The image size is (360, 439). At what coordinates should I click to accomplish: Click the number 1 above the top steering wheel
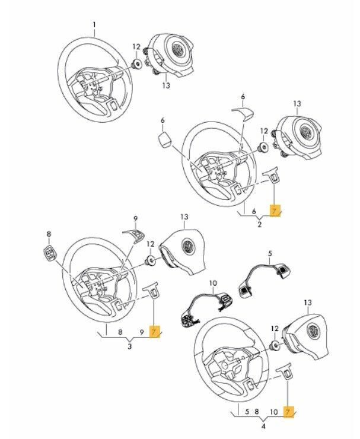[93, 24]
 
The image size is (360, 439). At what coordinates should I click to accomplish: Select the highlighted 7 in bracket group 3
[155, 332]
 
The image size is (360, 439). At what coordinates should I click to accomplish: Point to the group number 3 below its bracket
[130, 346]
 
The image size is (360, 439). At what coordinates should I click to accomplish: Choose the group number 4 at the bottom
[262, 425]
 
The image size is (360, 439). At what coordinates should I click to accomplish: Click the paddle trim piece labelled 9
[133, 236]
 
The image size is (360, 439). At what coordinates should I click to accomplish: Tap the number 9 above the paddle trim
[135, 218]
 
